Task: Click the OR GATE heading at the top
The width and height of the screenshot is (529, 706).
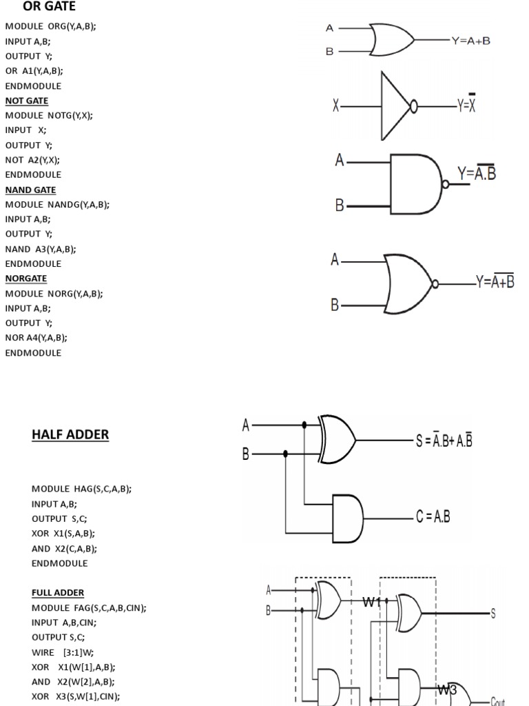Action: coord(50,7)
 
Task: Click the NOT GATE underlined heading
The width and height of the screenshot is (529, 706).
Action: coord(27,101)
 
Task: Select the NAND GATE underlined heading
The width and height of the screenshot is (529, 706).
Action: coord(31,190)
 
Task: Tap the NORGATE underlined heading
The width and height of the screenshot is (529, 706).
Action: coord(26,279)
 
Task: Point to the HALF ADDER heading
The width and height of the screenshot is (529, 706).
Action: coord(70,435)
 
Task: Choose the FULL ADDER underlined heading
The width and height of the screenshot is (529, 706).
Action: coord(58,593)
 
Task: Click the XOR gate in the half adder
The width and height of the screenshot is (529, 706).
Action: coord(338,439)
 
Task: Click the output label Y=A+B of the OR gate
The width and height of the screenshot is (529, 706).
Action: coord(471,41)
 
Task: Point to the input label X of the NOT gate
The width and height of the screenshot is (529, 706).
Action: coord(335,106)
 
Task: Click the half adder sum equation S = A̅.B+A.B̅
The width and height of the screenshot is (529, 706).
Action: coord(444,441)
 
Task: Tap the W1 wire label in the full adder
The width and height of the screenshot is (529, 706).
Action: coord(372,602)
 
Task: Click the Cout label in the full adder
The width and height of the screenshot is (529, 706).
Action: coord(498,701)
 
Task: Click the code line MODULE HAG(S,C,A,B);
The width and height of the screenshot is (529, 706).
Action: coord(81,489)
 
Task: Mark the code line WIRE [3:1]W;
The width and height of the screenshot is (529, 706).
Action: coord(63,652)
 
